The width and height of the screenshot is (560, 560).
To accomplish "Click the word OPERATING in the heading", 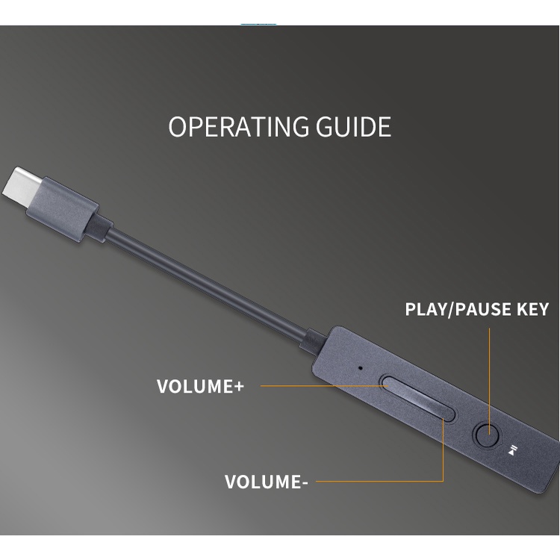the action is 239,126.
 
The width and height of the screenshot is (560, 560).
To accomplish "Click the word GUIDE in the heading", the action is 354,126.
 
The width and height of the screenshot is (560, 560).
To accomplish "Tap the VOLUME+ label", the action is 200,386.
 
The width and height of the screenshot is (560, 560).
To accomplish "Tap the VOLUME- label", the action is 266,482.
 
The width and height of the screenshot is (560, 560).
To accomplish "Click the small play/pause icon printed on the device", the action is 512,450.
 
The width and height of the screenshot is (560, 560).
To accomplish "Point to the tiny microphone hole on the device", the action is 360,367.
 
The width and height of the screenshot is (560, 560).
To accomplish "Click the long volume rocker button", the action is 417,397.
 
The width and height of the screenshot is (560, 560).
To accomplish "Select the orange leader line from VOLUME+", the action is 324,386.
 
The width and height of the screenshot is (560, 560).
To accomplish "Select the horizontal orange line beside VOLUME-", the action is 379,481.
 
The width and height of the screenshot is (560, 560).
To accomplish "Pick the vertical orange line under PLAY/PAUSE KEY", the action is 489,381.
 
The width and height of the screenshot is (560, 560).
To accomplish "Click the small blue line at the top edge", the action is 258,25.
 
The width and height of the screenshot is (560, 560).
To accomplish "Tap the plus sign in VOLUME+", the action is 238,387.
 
